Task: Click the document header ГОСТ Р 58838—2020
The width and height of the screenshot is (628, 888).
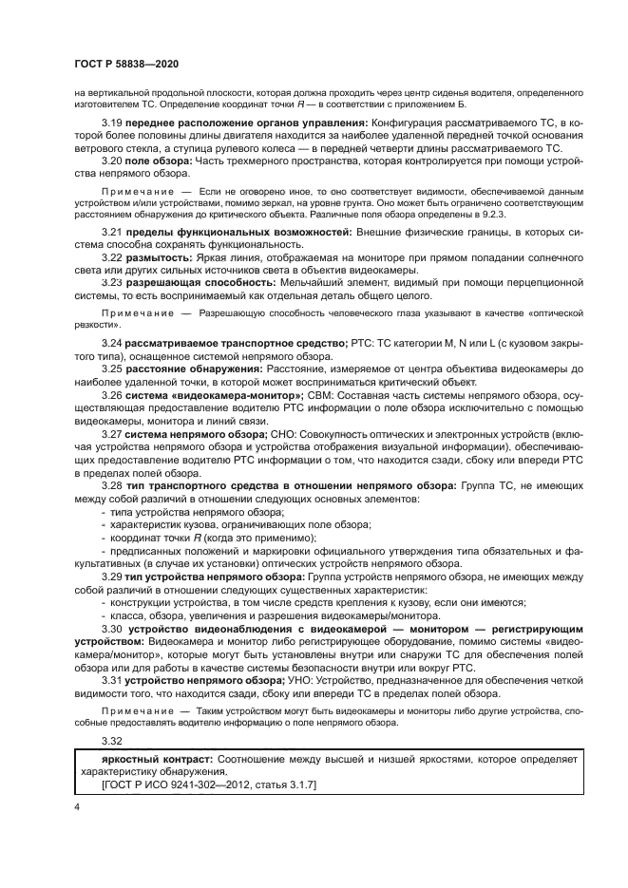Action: tap(126, 63)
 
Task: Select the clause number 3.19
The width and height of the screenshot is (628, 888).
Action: tap(112, 124)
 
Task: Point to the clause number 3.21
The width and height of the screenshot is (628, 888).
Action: tap(112, 233)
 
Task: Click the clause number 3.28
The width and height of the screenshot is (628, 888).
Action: tap(112, 485)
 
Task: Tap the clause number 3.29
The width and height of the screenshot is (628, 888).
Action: tap(112, 576)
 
